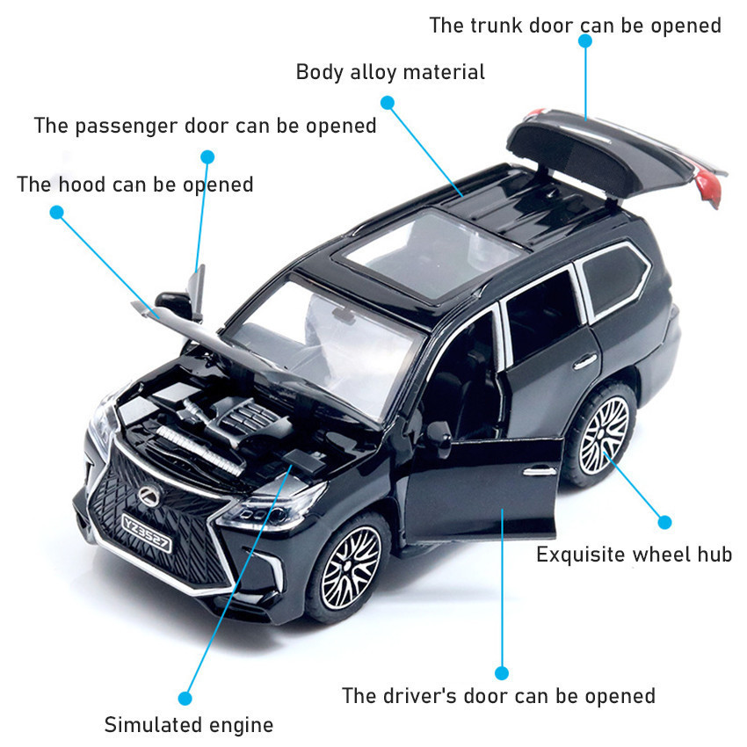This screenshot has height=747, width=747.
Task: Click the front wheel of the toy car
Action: (349, 567)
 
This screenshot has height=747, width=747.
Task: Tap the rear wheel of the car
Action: (603, 433)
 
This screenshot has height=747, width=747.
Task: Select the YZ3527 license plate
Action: (146, 533)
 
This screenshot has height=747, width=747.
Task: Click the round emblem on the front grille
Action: (150, 497)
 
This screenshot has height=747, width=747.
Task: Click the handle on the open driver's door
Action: (540, 472)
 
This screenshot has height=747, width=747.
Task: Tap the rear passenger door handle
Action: (585, 362)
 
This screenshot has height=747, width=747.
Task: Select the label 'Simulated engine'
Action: (189, 725)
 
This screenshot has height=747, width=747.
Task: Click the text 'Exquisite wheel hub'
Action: (634, 555)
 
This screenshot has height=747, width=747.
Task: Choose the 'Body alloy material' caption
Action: (390, 72)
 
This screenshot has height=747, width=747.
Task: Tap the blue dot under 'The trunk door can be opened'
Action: (585, 41)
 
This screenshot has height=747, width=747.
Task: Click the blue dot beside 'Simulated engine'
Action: (185, 699)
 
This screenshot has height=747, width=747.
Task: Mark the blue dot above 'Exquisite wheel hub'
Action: (664, 522)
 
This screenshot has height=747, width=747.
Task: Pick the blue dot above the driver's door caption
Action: (501, 672)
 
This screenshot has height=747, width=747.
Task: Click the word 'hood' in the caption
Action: (82, 185)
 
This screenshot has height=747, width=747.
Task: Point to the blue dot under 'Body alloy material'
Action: (388, 103)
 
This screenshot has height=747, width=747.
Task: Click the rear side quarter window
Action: (614, 281)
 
